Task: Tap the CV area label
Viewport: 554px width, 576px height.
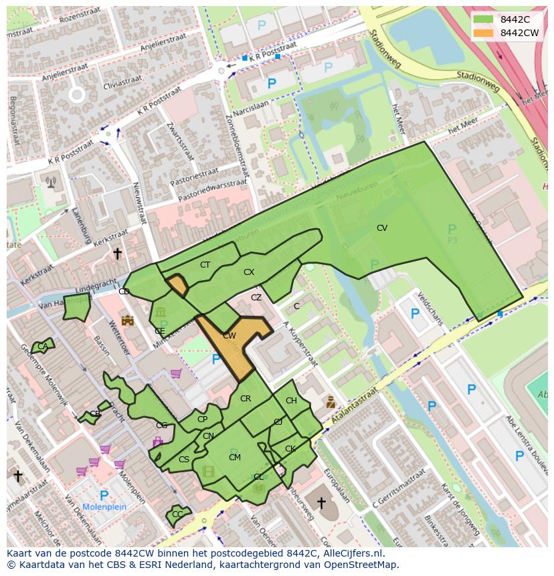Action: [x=382, y=228]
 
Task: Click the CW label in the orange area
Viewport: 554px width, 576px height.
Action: [x=229, y=336]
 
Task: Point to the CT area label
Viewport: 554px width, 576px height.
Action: [x=205, y=265]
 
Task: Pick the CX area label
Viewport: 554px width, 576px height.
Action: [x=249, y=272]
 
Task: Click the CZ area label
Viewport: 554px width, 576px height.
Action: [x=256, y=298]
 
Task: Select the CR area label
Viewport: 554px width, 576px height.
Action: [x=246, y=399]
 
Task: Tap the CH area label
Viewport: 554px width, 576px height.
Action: [x=291, y=401]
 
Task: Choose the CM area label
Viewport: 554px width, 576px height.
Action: [x=235, y=458]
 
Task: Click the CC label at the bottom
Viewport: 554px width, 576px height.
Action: [x=177, y=514]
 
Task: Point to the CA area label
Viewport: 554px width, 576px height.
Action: [x=42, y=347]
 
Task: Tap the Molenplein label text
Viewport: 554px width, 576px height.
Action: [x=104, y=507]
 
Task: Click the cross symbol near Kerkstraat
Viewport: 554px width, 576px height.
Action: [x=117, y=254]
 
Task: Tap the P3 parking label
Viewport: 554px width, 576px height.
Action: [x=453, y=239]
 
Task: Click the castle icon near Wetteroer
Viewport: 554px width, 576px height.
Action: [x=127, y=320]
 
